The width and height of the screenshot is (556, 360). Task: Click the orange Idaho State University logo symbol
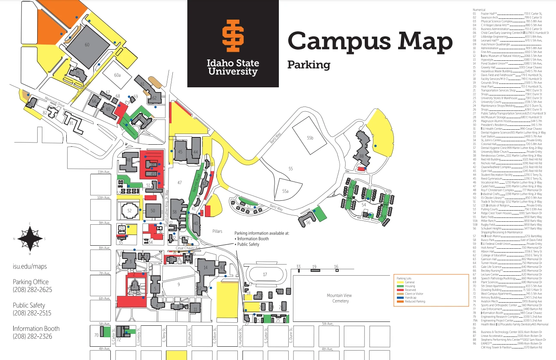click(x=233, y=36)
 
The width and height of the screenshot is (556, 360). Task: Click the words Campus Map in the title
click(x=370, y=41)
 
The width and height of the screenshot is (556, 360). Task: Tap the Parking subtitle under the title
click(x=309, y=65)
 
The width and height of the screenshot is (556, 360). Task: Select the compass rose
click(x=30, y=239)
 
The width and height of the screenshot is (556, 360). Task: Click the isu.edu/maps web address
click(x=30, y=266)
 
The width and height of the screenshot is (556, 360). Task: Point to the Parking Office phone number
click(x=33, y=290)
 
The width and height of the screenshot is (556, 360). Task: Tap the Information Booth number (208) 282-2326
click(x=33, y=336)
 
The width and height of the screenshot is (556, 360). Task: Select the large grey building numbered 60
click(x=88, y=45)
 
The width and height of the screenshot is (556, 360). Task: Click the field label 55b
click(x=310, y=137)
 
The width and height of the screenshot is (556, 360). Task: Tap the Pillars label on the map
click(x=217, y=231)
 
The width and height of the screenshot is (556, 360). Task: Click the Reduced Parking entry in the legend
click(x=408, y=301)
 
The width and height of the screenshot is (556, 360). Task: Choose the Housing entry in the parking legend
click(x=406, y=286)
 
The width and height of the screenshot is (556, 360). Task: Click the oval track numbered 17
click(x=265, y=274)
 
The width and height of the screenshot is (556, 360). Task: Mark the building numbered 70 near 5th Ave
click(x=96, y=335)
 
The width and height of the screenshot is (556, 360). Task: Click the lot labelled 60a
click(x=117, y=75)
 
